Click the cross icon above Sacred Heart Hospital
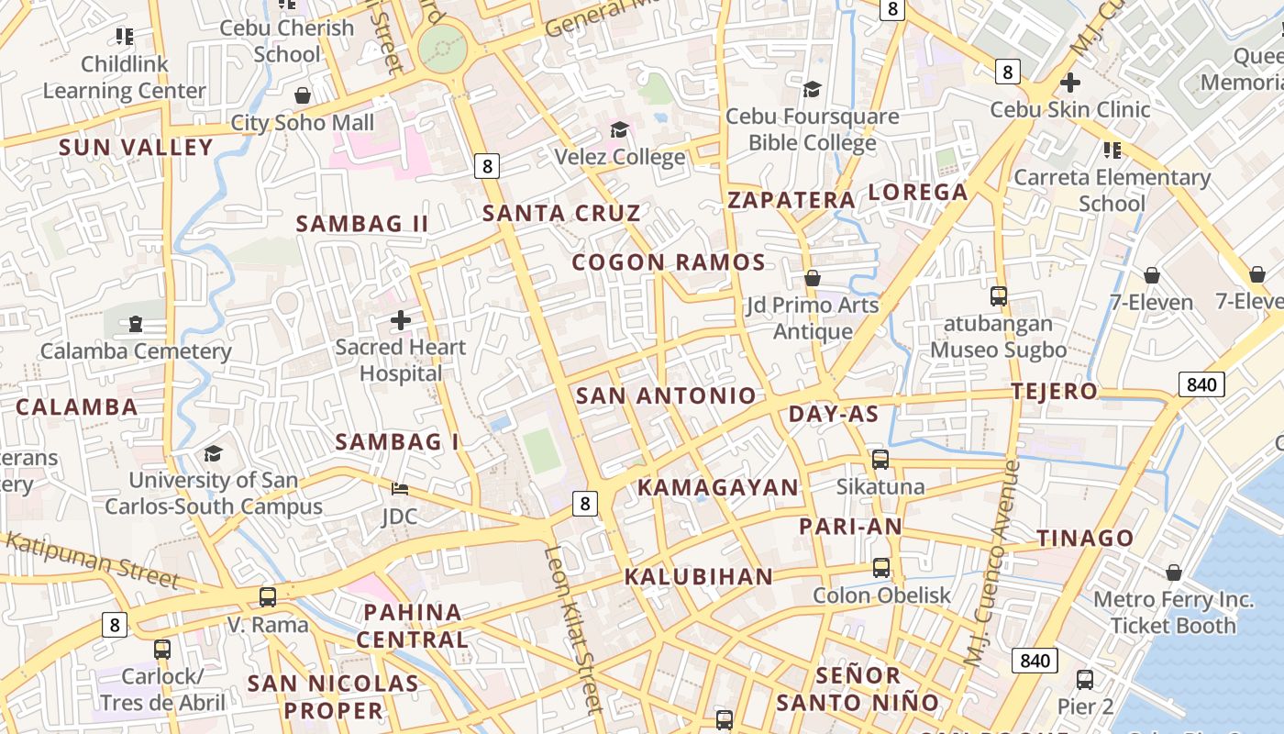(x=401, y=320)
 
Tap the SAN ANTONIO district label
(x=666, y=396)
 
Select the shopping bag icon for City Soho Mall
(x=302, y=95)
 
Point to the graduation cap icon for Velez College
(x=620, y=129)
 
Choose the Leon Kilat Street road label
(x=573, y=628)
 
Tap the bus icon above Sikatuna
(x=880, y=460)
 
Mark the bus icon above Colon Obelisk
(x=881, y=568)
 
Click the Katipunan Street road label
(x=92, y=558)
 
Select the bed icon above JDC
(x=399, y=487)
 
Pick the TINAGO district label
(x=1085, y=539)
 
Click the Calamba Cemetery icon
(x=136, y=324)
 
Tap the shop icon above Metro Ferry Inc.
(x=1174, y=573)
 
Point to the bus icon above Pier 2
(x=1085, y=680)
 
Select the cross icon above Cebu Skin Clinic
(x=1069, y=83)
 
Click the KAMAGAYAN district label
(x=718, y=488)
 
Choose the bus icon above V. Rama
(x=268, y=597)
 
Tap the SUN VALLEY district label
(x=136, y=148)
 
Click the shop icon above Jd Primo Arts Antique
(x=813, y=277)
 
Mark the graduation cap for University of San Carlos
(x=214, y=453)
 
